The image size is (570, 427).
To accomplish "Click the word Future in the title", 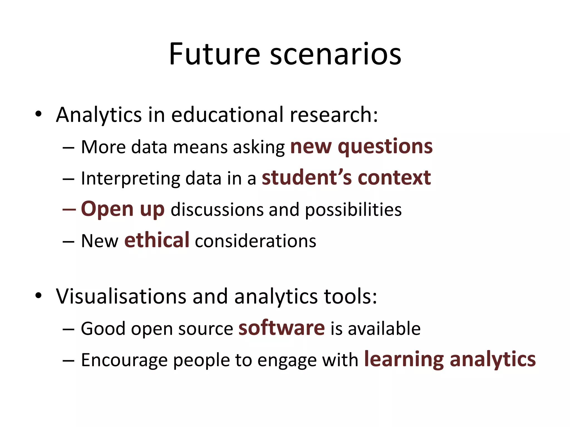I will (214, 54).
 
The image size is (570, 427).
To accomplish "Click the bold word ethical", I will (157, 240).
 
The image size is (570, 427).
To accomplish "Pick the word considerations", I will (255, 241).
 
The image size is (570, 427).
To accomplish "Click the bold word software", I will (281, 328).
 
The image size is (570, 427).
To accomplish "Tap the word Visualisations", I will (121, 296).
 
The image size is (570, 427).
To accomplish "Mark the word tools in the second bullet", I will (348, 296).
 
